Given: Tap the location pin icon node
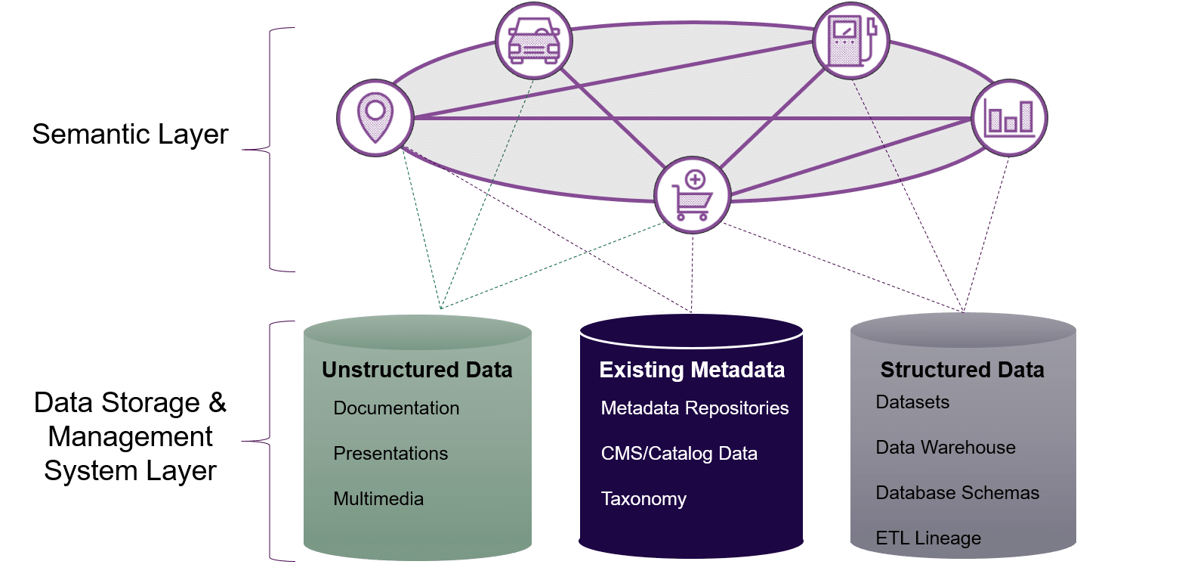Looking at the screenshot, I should click(x=375, y=117).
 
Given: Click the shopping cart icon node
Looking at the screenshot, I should click(x=693, y=195).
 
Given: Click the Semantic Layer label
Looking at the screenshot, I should click(x=130, y=135).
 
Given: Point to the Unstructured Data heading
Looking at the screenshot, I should click(x=417, y=370).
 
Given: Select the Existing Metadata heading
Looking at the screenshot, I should click(x=692, y=370).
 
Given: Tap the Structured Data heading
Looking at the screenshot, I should click(x=962, y=370).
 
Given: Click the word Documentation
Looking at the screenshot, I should click(x=396, y=408).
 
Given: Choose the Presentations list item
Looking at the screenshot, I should click(x=390, y=454).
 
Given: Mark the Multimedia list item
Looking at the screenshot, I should click(x=378, y=499).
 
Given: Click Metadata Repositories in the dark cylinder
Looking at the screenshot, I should click(x=694, y=408).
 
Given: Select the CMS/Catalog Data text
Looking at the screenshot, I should click(x=679, y=454).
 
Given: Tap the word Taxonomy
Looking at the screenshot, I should click(x=644, y=499).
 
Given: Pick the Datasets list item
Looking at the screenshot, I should click(x=912, y=402).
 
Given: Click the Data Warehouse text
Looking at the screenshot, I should click(x=946, y=448).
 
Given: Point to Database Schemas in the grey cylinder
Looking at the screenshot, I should click(x=958, y=493).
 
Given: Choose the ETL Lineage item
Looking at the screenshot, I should click(x=928, y=538).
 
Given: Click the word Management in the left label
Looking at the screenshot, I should click(x=130, y=437).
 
